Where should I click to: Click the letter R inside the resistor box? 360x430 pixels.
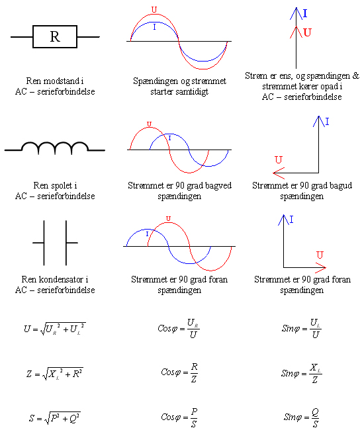coord(55,36)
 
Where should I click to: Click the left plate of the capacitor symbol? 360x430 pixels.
coord(44,243)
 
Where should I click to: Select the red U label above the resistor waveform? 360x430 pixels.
coord(154,10)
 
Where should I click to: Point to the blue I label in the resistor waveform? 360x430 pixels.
coord(154,27)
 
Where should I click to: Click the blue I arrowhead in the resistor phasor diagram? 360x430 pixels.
coord(296,13)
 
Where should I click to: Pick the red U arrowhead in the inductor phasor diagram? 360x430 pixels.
coord(279,173)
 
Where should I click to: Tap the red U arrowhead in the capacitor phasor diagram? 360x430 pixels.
coord(320,268)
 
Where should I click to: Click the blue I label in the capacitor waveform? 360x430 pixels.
coord(147,234)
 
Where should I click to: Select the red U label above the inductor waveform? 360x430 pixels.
coord(149,124)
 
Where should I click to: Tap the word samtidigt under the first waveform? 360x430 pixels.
coord(192,91)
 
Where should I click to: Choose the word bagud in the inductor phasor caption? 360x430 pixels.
coord(341,186)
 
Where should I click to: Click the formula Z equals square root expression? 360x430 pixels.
coord(55,373)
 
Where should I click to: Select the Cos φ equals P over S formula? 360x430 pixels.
coord(179,417)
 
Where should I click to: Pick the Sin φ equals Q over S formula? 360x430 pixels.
coord(301,417)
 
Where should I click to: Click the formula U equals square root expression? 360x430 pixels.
coord(55,329)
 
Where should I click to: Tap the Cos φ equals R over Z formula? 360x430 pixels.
coord(179,372)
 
